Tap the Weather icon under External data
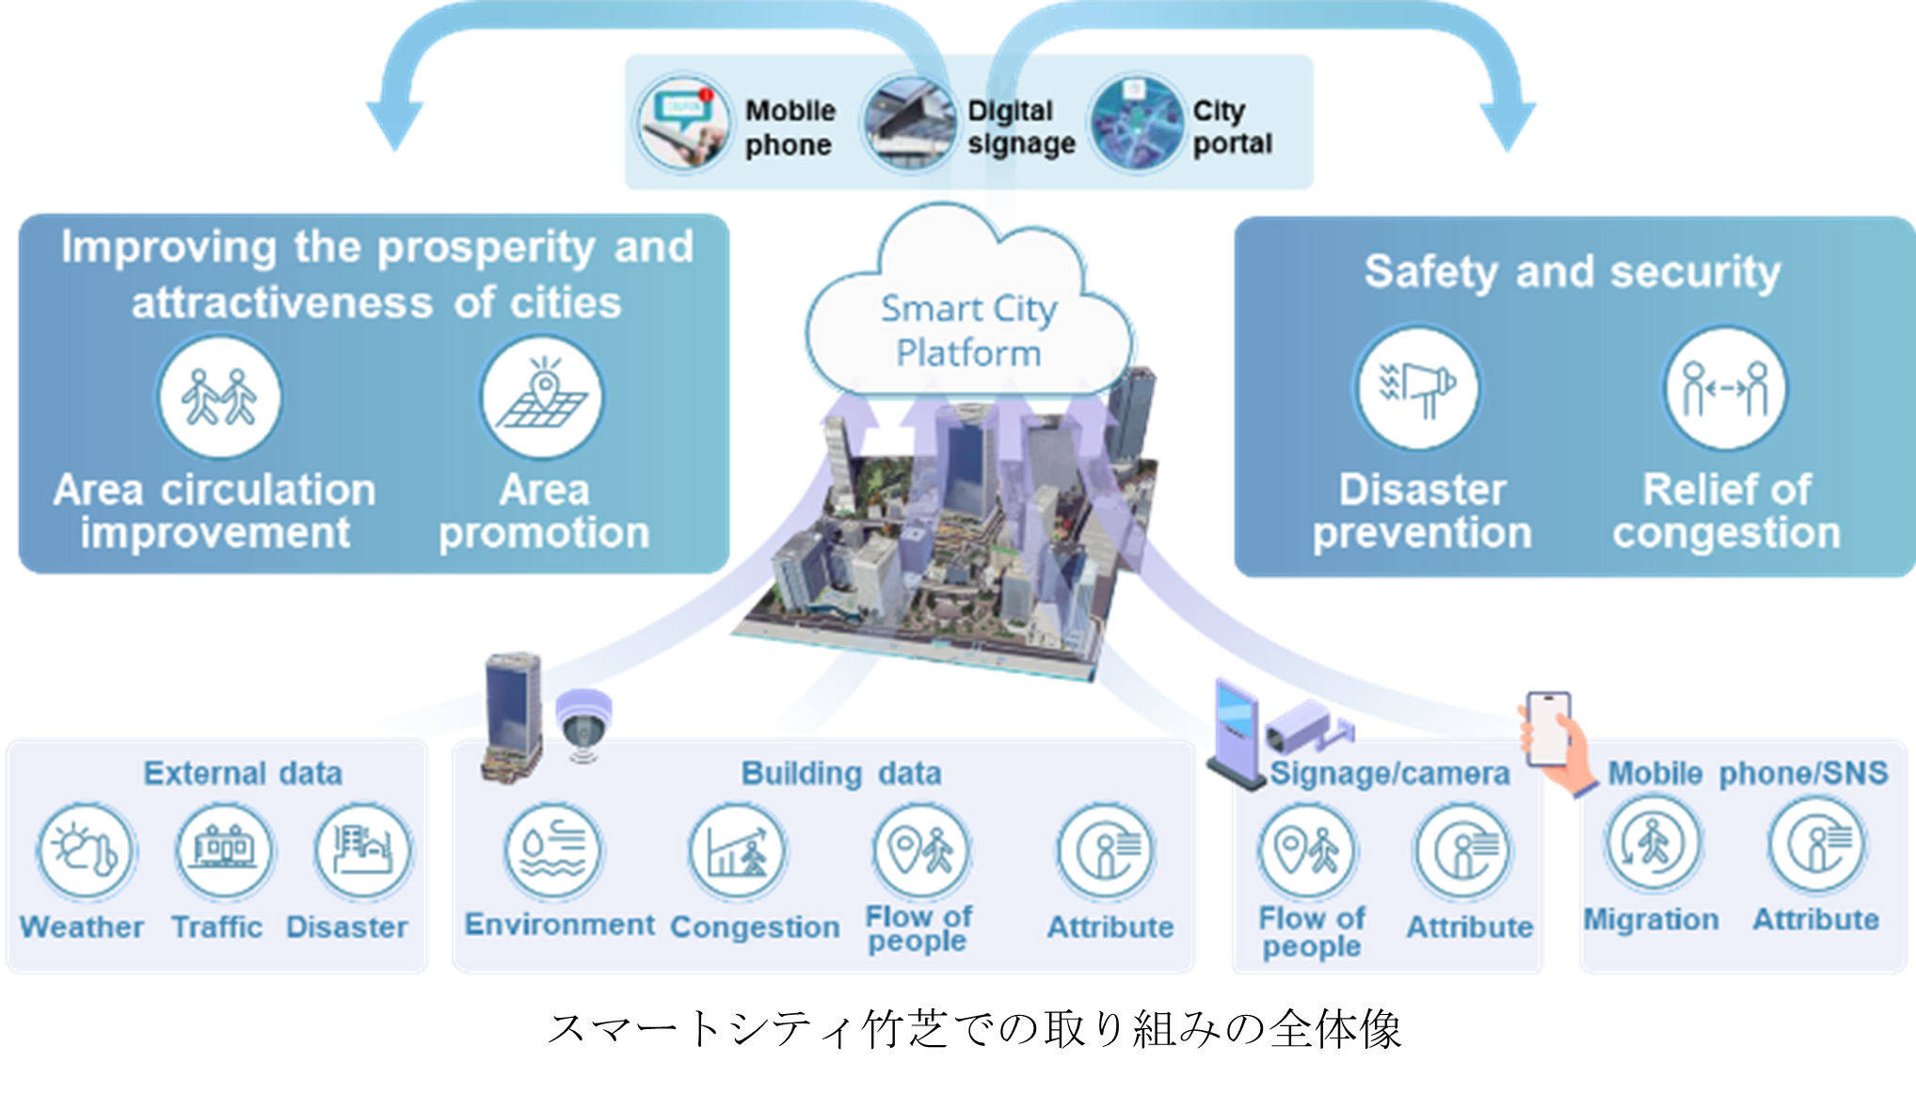(x=86, y=850)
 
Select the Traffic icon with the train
(x=224, y=850)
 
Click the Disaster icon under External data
(x=362, y=850)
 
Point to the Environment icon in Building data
(x=554, y=850)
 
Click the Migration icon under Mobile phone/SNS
(x=1653, y=843)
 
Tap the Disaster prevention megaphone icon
(x=1417, y=389)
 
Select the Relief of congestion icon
(x=1726, y=389)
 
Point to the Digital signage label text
(x=1020, y=127)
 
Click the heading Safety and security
(x=1572, y=272)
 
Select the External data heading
(x=242, y=773)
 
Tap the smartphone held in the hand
(x=1548, y=730)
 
